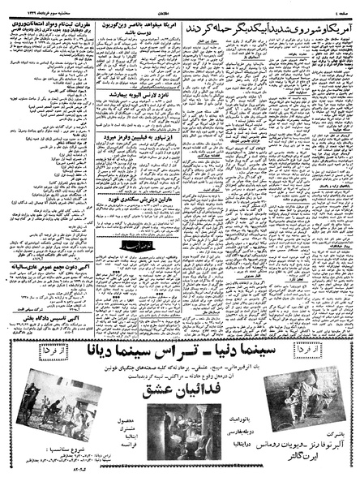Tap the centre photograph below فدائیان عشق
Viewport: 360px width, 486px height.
point(180,434)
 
